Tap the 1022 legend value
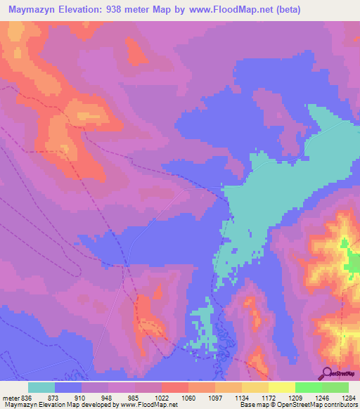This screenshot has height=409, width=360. pos(161,398)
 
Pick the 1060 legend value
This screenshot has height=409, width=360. pos(188,398)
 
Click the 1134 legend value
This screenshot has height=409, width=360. pos(241,398)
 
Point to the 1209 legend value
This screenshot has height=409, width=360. pos(295,398)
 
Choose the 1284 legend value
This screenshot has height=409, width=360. pos(348,398)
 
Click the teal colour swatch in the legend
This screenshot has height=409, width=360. pos(41,387)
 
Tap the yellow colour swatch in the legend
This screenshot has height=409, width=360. pos(282,387)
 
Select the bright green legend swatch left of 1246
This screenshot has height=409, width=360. pos(309,387)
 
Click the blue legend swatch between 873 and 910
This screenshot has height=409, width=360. pos(68,387)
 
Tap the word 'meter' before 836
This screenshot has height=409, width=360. pos(10,398)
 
